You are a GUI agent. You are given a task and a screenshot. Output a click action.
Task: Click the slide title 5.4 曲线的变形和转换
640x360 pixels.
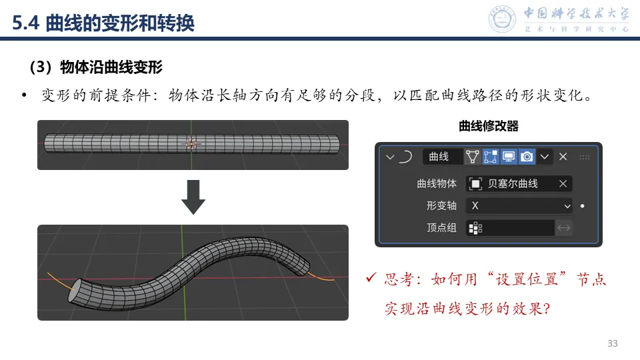104,23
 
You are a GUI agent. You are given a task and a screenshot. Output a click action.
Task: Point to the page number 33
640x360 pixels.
612,343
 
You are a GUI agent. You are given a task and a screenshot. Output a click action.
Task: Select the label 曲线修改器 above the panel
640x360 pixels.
489,126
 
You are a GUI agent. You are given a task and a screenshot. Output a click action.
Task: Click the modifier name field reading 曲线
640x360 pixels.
441,157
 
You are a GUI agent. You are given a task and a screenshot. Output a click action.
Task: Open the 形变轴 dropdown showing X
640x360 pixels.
519,206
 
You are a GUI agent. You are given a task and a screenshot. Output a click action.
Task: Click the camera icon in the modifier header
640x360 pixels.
527,157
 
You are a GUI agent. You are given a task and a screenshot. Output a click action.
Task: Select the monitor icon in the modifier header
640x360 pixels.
509,157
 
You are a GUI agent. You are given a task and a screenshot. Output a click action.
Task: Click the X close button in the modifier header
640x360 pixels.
563,157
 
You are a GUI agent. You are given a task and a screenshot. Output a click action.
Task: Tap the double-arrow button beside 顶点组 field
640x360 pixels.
564,228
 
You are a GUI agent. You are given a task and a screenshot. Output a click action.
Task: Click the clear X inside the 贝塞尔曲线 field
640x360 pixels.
563,184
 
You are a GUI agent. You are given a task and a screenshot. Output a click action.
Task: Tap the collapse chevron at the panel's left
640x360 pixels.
390,157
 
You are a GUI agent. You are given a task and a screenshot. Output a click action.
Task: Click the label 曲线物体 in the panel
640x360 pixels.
437,184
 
